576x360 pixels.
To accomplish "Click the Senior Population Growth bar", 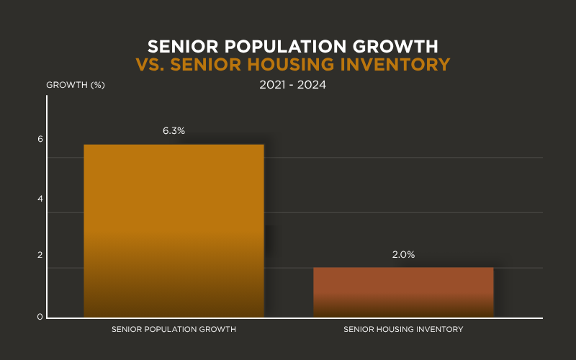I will [x=174, y=230].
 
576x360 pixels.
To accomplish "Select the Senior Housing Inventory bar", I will [x=403, y=292].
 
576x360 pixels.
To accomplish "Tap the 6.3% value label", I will [x=174, y=131].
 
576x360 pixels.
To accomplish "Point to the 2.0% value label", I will [x=403, y=255].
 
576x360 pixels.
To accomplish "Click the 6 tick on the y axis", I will [x=40, y=139].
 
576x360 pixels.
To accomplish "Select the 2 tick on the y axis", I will [x=40, y=255].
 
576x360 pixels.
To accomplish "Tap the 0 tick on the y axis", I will [x=40, y=318].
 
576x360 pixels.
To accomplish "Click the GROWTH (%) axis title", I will [x=76, y=85].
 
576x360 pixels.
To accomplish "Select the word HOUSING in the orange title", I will [x=301, y=65].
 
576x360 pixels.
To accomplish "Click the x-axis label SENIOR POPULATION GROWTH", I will [x=174, y=329].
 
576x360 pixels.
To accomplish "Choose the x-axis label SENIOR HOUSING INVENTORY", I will [x=403, y=329].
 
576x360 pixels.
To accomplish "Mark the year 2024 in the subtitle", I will [x=311, y=84].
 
